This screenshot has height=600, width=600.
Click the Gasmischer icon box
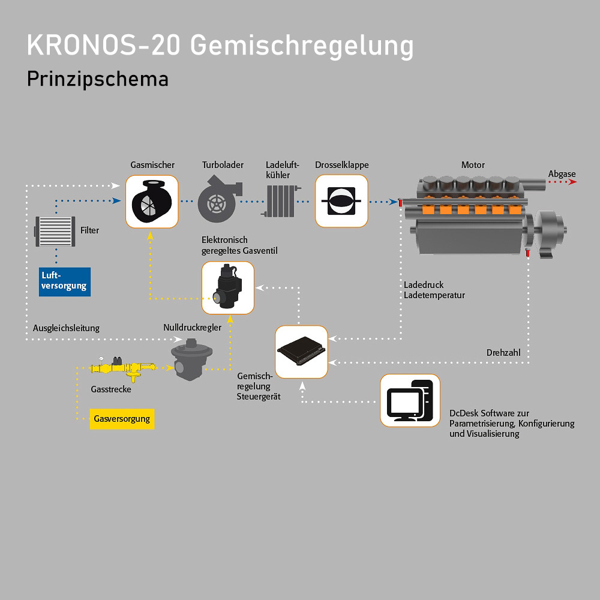[152, 202]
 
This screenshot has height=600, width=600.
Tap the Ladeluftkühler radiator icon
[281, 201]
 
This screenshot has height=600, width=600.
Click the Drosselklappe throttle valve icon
[341, 201]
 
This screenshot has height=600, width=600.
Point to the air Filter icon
[55, 231]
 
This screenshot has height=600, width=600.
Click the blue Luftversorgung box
[65, 281]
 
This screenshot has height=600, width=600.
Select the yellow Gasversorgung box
[122, 419]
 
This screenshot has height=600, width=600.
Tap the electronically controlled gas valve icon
[227, 288]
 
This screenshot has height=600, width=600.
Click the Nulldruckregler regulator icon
[191, 359]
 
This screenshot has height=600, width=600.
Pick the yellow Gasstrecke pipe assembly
[123, 368]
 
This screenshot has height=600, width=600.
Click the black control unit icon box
[302, 352]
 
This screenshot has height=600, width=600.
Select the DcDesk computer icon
[410, 401]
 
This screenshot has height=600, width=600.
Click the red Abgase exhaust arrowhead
[572, 182]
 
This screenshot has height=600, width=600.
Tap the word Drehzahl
[503, 352]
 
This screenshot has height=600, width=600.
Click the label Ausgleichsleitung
[66, 328]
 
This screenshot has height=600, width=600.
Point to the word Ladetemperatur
[434, 295]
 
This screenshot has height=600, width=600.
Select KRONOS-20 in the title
[103, 46]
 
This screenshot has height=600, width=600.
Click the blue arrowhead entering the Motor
[393, 202]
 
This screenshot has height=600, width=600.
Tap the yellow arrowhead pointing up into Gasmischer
[151, 236]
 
